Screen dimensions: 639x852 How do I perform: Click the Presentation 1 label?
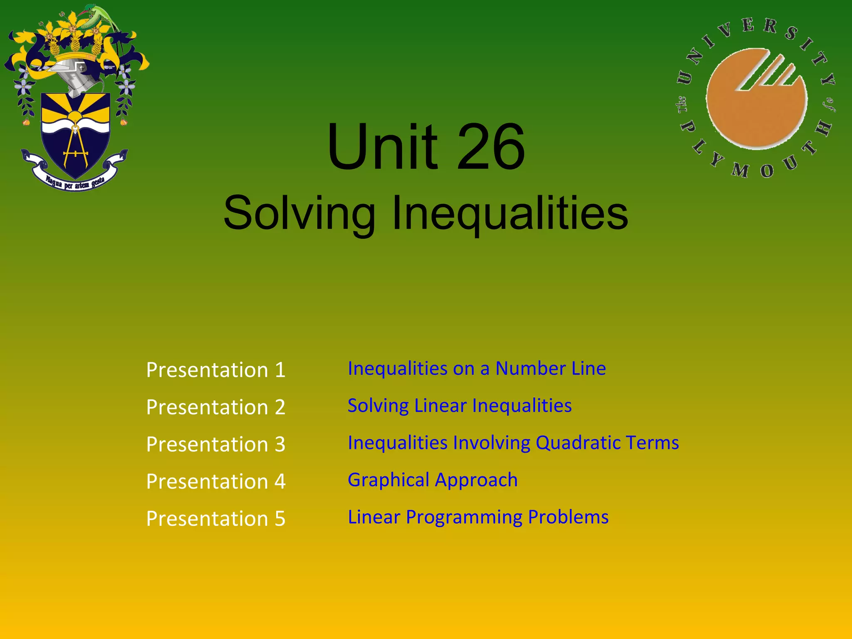click(215, 370)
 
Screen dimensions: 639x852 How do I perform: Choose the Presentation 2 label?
click(215, 407)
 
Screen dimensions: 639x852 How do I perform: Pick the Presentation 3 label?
click(215, 444)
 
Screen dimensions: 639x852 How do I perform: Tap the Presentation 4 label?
click(215, 481)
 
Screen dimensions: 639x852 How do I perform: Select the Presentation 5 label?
click(215, 518)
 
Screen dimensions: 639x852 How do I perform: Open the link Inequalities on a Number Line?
click(477, 369)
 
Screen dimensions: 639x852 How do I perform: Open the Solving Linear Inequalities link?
click(460, 406)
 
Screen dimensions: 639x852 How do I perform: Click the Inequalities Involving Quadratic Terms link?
click(513, 443)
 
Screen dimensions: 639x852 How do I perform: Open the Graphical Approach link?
click(433, 480)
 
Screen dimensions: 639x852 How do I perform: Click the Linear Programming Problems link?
click(478, 517)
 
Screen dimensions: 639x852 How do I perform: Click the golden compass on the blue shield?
click(75, 148)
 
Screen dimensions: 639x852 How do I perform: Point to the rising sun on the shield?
click(75, 116)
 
